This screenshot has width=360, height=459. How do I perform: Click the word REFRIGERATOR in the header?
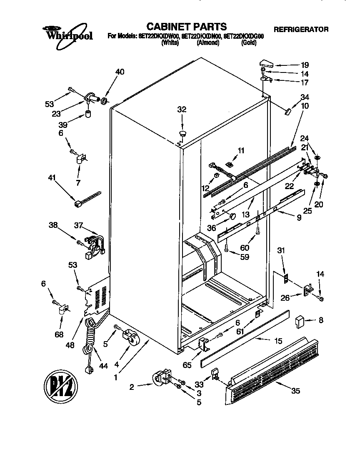click(x=300, y=30)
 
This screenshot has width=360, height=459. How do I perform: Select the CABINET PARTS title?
click(x=186, y=27)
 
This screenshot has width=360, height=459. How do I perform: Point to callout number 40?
click(x=120, y=72)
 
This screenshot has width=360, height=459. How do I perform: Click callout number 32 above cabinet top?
click(x=182, y=110)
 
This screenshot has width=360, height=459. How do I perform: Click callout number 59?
click(x=245, y=257)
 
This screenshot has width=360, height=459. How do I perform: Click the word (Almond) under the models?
click(x=208, y=42)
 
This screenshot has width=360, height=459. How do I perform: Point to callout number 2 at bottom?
click(x=132, y=387)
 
